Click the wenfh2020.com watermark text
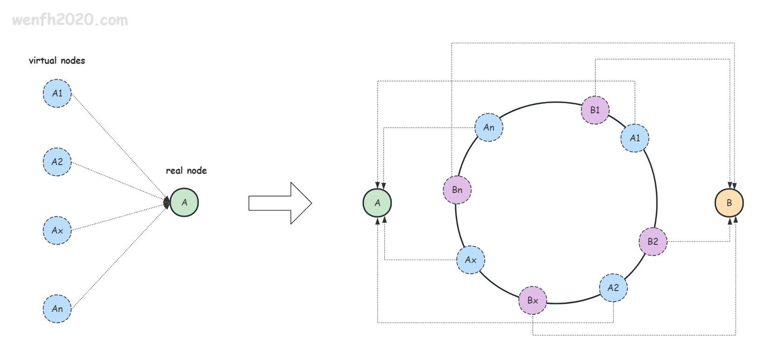pyautogui.click(x=70, y=20)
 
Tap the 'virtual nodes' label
pyautogui.click(x=57, y=61)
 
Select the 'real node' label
pyautogui.click(x=186, y=170)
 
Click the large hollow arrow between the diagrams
pyautogui.click(x=280, y=203)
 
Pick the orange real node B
pyautogui.click(x=729, y=203)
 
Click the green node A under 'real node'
pyautogui.click(x=184, y=202)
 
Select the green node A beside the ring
pyautogui.click(x=377, y=203)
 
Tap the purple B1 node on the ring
pyautogui.click(x=595, y=110)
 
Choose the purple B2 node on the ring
pyautogui.click(x=653, y=242)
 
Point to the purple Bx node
pyautogui.click(x=532, y=300)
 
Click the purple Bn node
pyautogui.click(x=457, y=190)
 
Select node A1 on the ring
pyautogui.click(x=635, y=138)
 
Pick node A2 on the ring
pyautogui.click(x=613, y=288)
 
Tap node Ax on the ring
pyautogui.click(x=470, y=260)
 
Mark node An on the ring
pyautogui.click(x=489, y=127)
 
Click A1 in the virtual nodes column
pyautogui.click(x=57, y=93)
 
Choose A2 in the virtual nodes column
pyautogui.click(x=57, y=162)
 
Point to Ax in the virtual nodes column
pyautogui.click(x=57, y=230)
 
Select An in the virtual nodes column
pyautogui.click(x=57, y=309)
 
